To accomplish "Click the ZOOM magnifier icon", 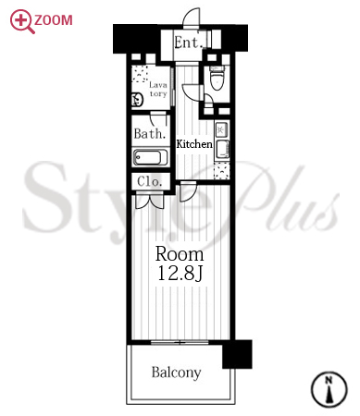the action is pos(21,21).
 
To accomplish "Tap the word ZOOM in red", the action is pos(54,20).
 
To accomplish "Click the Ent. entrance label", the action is pos(188,43).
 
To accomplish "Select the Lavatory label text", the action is pos(158,90).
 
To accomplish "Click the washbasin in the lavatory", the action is pos(138,100).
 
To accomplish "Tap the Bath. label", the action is pos(150,134).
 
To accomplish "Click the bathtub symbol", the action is pos(150,158).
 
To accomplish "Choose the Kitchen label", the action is pos(194,144).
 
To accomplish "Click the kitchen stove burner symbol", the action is pos(221,129).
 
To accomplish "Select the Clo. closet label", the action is pos(150,181).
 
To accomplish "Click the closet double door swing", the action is pos(149,201).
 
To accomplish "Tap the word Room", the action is pos(180,254).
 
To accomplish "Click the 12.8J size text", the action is pos(180,273).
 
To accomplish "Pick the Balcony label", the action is pos(176,373).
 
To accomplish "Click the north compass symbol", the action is pos(329,389).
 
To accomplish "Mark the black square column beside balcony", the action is pos(237,354).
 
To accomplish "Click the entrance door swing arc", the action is pos(192,17).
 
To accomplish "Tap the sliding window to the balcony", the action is pos(180,342).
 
